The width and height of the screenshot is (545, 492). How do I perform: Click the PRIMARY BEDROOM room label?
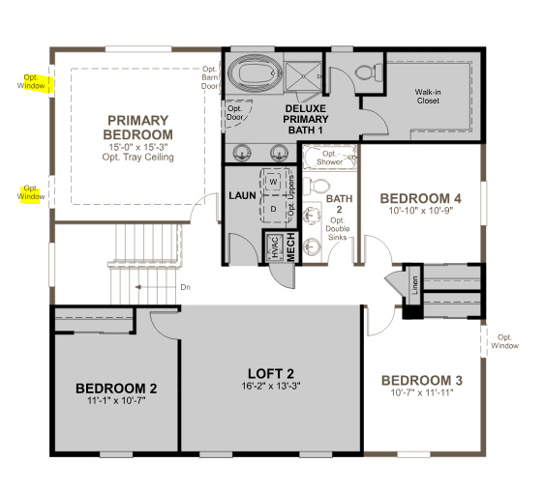tap(138, 127)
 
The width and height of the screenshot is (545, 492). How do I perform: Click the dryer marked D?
tap(273, 207)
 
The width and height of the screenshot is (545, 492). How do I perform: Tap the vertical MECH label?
tap(289, 247)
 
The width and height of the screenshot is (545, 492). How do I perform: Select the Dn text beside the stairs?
tap(186, 287)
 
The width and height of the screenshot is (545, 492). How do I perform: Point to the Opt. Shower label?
tap(331, 158)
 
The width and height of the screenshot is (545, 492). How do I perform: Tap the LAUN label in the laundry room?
tap(241, 195)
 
